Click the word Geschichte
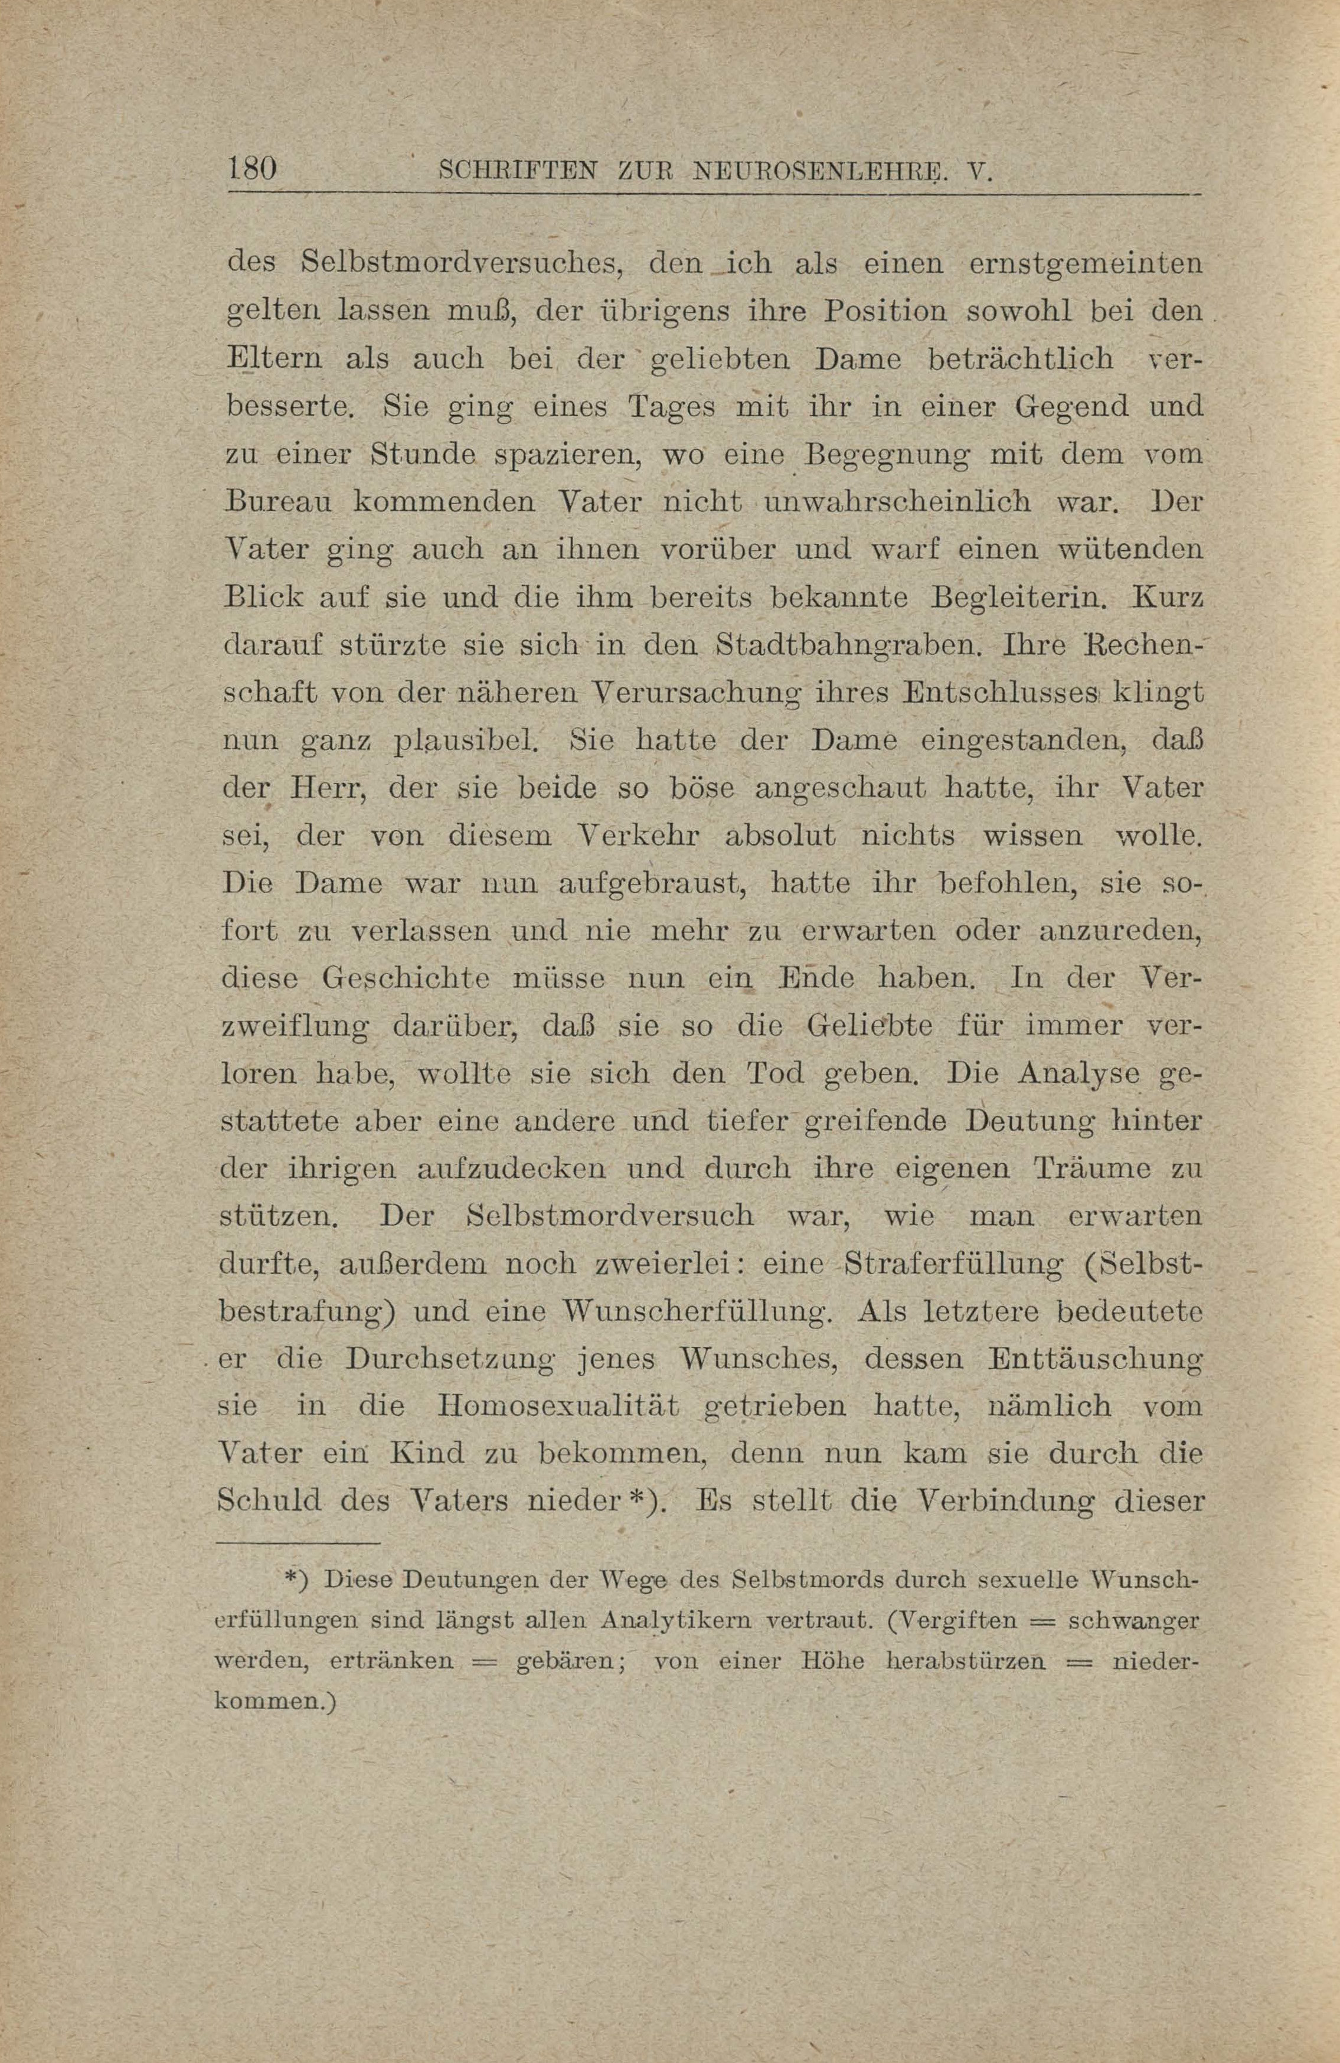[406, 980]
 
